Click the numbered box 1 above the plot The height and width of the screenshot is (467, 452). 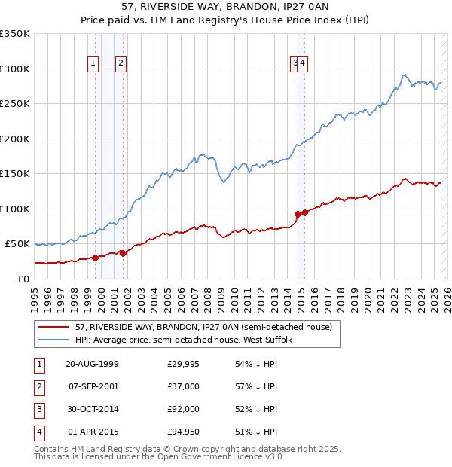click(x=93, y=64)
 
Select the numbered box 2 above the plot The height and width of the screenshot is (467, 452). click(x=121, y=64)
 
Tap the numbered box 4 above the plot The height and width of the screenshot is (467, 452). click(x=303, y=64)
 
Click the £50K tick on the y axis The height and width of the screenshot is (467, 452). click(x=18, y=244)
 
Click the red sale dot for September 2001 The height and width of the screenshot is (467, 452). click(x=123, y=253)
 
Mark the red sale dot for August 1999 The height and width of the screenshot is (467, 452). click(x=96, y=258)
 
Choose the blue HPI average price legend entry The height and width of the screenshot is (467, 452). click(x=188, y=340)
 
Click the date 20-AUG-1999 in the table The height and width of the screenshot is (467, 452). click(x=92, y=364)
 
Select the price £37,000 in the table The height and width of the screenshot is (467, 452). click(x=183, y=386)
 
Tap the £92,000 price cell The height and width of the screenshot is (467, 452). click(x=183, y=409)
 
